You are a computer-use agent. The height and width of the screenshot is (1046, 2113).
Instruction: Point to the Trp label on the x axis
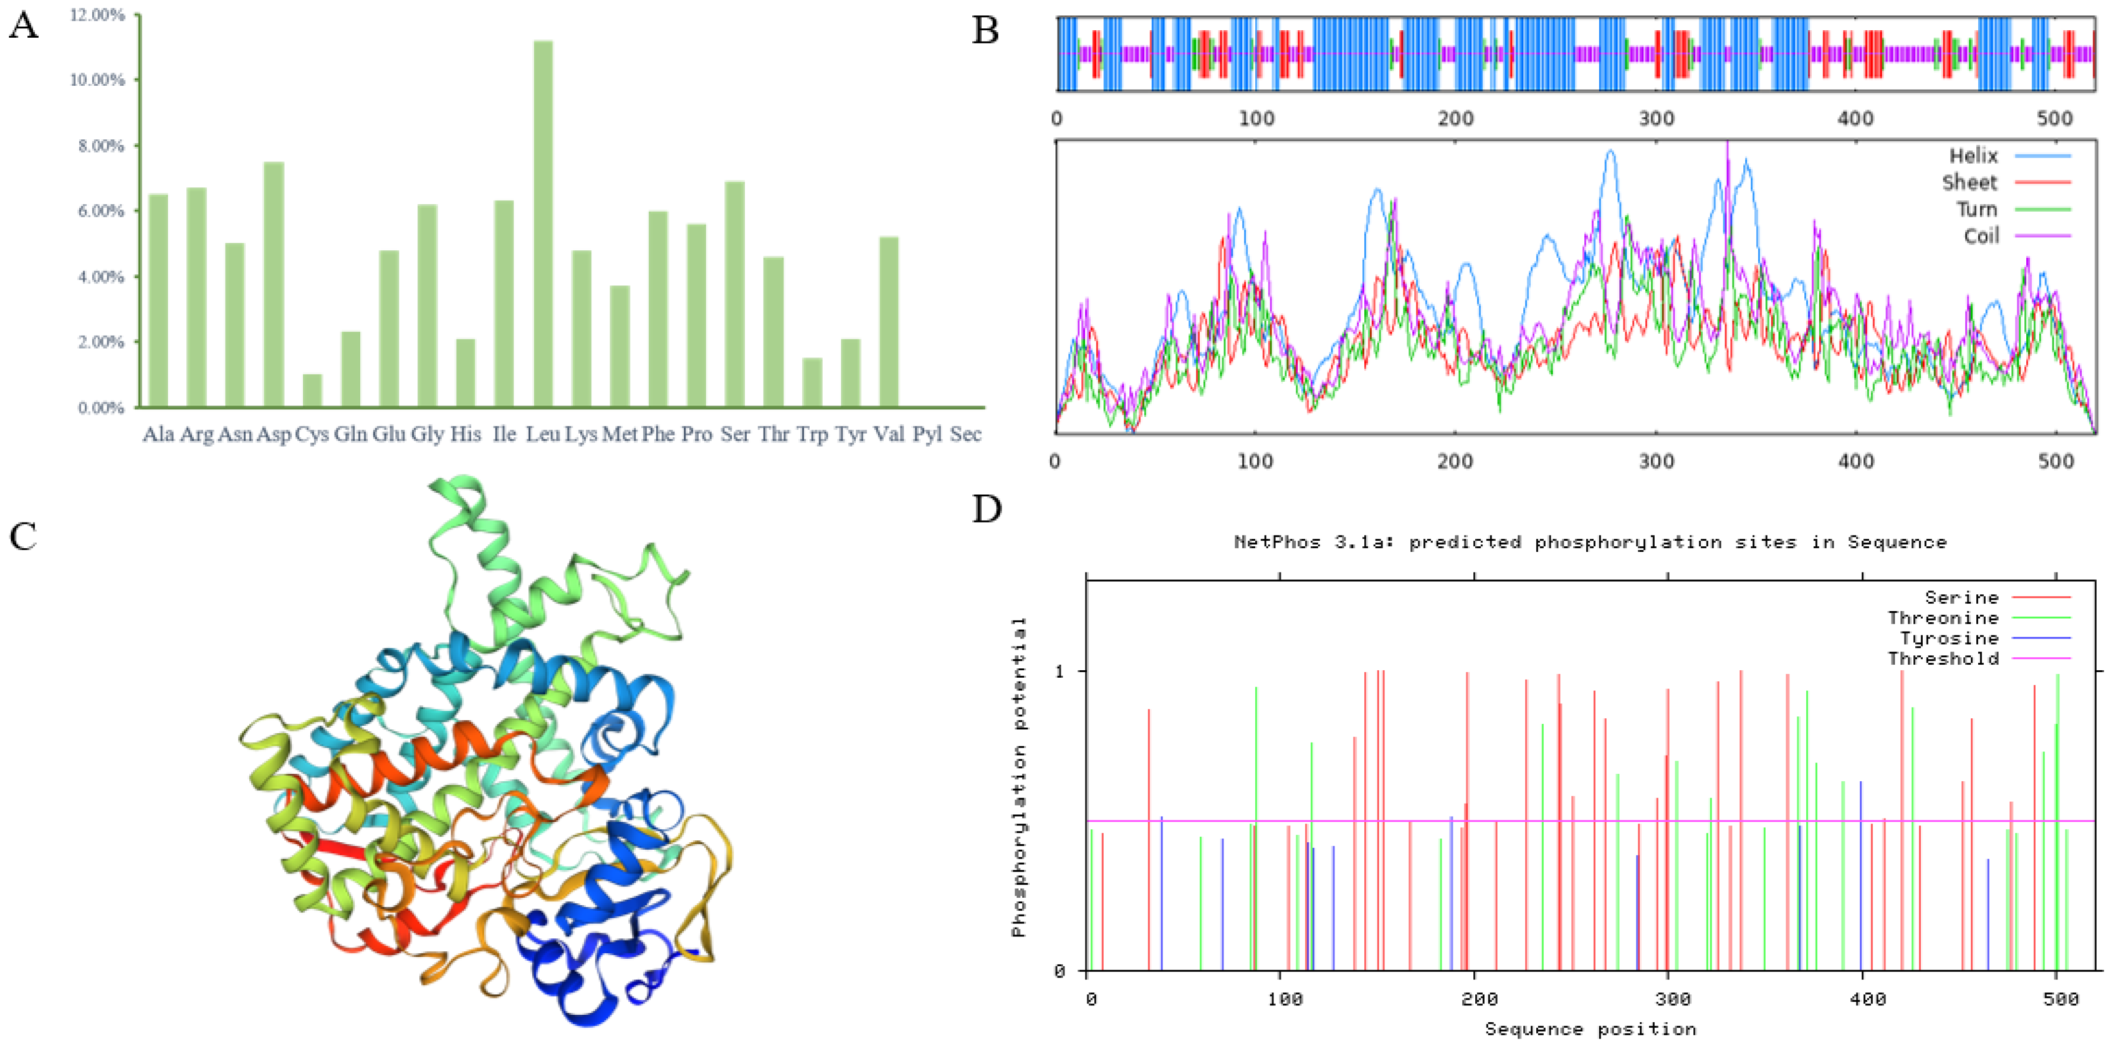pos(812,434)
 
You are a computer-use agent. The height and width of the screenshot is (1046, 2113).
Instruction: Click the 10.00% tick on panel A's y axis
pos(97,80)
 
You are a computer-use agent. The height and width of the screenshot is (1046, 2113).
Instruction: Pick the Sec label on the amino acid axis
pos(965,434)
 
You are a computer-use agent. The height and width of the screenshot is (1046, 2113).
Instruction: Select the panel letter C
pos(23,537)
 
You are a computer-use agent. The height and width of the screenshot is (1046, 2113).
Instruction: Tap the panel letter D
pos(987,510)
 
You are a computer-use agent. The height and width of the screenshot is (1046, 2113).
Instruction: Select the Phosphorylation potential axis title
pos(1019,776)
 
